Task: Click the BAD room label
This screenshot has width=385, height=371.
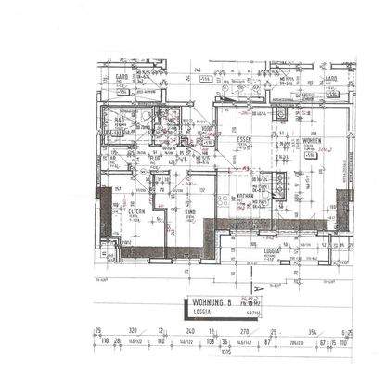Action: point(121,120)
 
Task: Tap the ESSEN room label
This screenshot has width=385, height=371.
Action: point(245,139)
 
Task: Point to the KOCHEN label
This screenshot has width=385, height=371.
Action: point(245,197)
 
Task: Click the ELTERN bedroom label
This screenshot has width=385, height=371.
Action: point(136,212)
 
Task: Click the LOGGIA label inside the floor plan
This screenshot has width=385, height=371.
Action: point(272,249)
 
